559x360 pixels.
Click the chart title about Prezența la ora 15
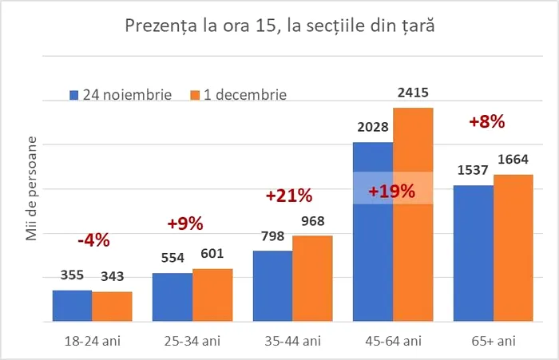[x=280, y=26]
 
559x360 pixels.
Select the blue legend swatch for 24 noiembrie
[x=73, y=94]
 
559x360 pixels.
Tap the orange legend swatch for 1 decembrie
[x=194, y=94]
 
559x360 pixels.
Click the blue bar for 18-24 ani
[x=72, y=306]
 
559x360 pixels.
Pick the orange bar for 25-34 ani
[x=212, y=295]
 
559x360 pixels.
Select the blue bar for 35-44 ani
[x=272, y=286]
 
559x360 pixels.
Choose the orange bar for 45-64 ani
[x=413, y=215]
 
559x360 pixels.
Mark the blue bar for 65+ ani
[x=473, y=253]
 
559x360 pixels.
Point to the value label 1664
[x=513, y=161]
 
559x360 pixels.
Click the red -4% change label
[x=93, y=239]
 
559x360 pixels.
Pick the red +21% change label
[x=289, y=196]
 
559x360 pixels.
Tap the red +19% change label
[x=391, y=191]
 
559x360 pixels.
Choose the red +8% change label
[x=487, y=122]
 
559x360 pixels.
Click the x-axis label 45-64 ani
[x=393, y=341]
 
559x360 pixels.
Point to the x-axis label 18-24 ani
[x=92, y=341]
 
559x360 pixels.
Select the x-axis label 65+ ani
[x=493, y=341]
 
